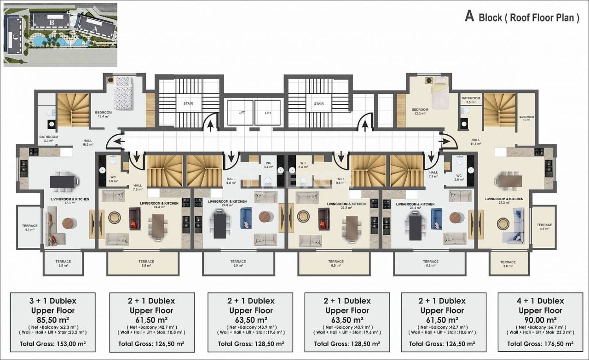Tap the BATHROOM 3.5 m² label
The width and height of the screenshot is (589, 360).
click(471, 100)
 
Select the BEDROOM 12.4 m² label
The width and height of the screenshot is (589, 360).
click(104, 114)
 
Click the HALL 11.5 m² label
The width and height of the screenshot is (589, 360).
click(476, 142)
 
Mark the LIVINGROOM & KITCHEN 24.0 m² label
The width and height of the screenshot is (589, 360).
click(227, 203)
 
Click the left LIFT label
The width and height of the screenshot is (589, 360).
click(242, 113)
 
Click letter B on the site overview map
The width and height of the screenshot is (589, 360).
click(52, 22)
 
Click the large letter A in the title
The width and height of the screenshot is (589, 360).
click(469, 17)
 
